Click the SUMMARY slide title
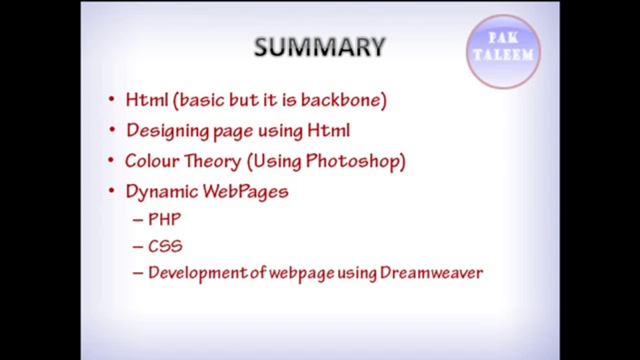319,47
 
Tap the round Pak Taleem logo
503,51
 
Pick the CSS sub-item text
165,246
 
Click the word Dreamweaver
431,273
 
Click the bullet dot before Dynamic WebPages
111,191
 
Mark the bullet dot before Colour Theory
111,160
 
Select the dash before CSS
138,247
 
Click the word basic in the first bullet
201,100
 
